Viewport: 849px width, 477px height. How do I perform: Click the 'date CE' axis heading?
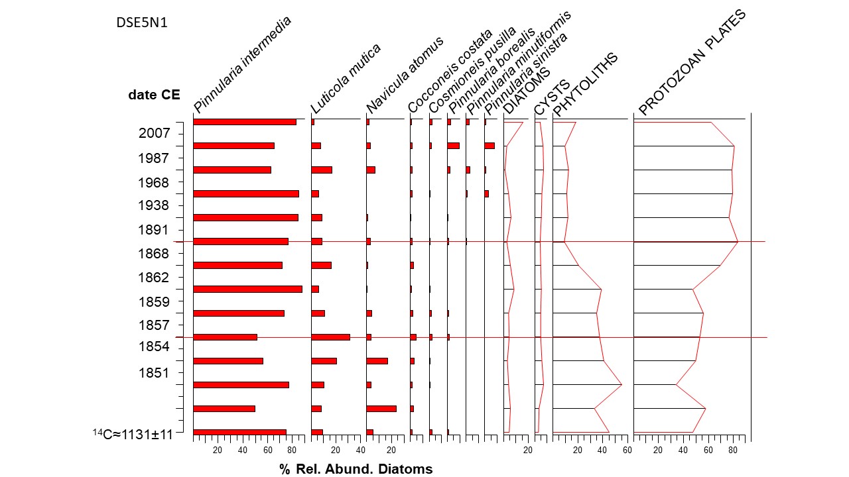point(154,95)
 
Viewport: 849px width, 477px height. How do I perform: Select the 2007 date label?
point(154,133)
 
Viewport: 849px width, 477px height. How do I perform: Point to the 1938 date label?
point(154,205)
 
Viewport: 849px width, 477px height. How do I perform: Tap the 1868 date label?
point(154,254)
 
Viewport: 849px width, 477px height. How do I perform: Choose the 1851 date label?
point(154,372)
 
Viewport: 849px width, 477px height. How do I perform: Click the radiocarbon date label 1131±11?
point(133,435)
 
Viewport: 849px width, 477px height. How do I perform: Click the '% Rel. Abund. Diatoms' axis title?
point(356,470)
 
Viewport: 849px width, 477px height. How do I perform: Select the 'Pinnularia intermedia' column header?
point(242,65)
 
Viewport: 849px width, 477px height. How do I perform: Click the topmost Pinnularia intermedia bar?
point(244,122)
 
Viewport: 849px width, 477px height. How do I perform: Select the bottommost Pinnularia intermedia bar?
point(239,432)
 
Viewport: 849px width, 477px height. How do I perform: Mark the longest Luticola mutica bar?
point(330,337)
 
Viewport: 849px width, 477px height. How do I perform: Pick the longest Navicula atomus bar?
point(381,408)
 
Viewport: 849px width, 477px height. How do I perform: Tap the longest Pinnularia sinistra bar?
point(490,146)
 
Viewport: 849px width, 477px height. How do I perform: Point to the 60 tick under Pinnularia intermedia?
point(267,450)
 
